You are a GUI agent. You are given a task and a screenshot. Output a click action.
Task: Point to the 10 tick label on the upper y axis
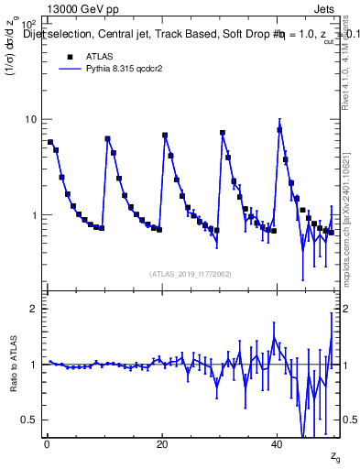30,120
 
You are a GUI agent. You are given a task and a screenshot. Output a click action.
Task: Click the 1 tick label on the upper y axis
34,215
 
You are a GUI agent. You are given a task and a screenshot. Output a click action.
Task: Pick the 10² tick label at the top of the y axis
28,22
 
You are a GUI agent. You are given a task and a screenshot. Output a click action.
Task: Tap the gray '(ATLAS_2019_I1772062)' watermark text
191,273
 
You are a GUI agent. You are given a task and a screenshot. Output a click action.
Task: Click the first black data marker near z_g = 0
50,142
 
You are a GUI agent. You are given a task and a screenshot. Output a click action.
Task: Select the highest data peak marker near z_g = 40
280,129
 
